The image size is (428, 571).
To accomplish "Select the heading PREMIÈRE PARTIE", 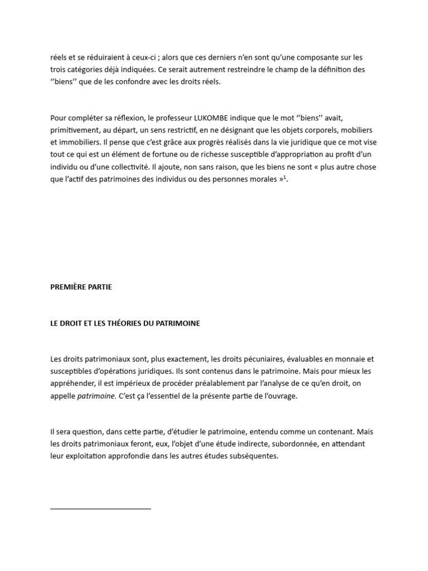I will point(81,287).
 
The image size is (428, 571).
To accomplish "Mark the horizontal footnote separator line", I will point(100,509).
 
